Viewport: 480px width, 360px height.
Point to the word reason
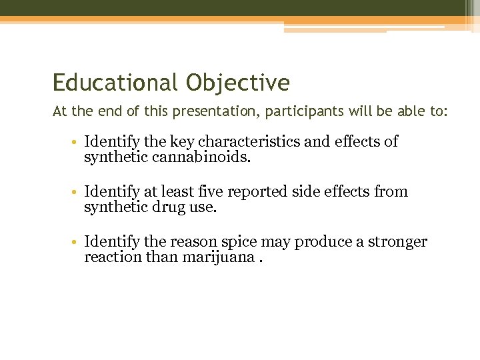[189, 241]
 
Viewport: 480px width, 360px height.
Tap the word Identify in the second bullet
[109, 191]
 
